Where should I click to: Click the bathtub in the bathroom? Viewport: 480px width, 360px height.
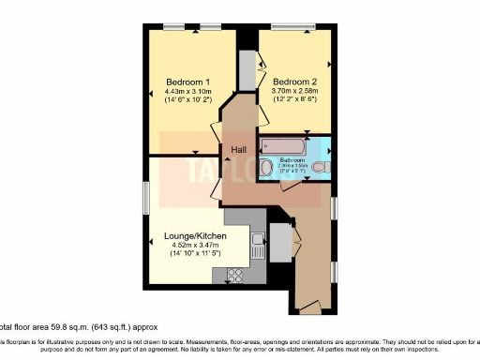point(283,145)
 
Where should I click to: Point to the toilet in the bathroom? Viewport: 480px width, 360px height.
point(320,168)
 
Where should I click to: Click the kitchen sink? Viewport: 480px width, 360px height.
point(256,247)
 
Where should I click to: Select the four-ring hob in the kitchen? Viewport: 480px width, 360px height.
point(234,275)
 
